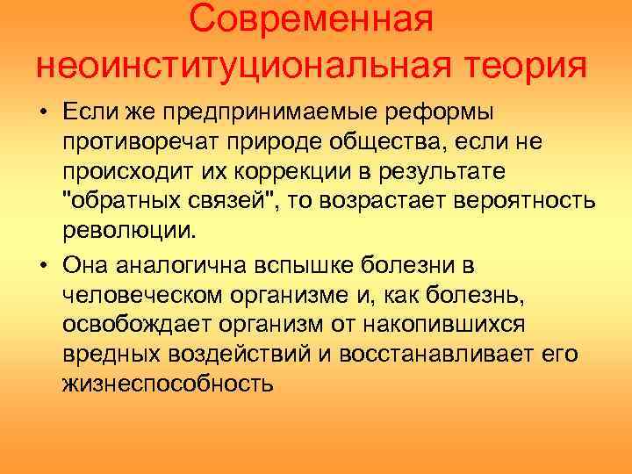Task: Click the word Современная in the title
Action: click(x=312, y=22)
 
